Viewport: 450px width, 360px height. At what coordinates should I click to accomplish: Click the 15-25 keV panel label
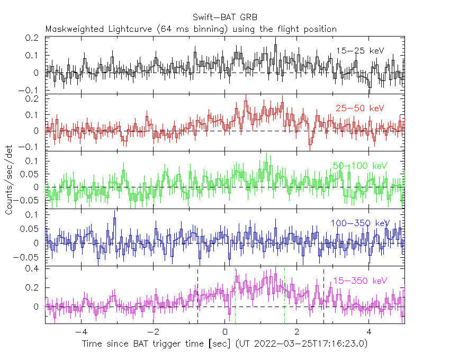(359, 51)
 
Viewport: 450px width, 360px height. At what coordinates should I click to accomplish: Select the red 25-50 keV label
(359, 109)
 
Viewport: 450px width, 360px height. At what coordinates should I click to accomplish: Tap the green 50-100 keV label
(360, 166)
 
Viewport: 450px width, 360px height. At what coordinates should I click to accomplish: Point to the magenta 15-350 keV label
(360, 281)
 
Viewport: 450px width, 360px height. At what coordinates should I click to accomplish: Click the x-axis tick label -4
(81, 332)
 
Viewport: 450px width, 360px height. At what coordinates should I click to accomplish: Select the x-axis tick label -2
(153, 332)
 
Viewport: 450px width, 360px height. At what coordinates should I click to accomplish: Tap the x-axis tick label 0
(225, 332)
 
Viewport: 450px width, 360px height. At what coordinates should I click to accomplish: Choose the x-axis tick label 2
(297, 332)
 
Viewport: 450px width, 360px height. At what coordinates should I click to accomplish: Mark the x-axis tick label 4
(369, 332)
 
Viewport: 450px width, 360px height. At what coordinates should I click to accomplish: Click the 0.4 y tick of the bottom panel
(34, 269)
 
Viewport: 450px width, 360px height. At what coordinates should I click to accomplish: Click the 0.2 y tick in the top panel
(34, 38)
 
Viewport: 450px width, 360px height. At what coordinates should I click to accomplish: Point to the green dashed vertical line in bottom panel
(235, 296)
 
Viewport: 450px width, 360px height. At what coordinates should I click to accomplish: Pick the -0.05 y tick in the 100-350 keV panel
(31, 257)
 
